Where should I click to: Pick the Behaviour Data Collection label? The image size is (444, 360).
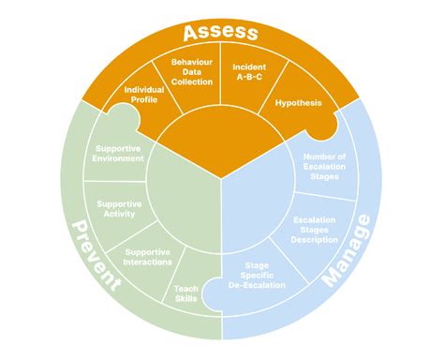point(193,73)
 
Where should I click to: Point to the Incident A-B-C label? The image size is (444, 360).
point(250,73)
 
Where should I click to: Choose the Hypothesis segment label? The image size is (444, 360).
point(297,101)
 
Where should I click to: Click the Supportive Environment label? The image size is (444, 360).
point(120,153)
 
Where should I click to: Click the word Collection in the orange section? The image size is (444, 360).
point(193,82)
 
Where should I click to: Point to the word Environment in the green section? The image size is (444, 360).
point(120,158)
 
